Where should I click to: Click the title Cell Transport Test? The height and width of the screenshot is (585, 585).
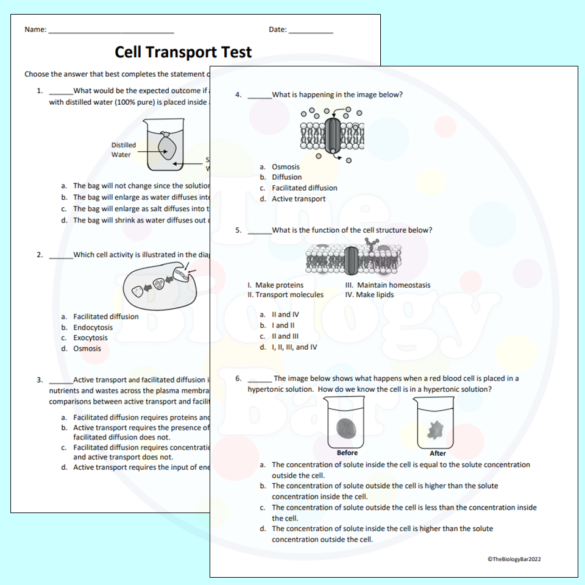click(183, 52)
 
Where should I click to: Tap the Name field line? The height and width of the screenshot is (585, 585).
click(111, 32)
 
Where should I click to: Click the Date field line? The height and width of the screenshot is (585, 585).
click(311, 32)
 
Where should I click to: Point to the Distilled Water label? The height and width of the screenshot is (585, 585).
click(123, 150)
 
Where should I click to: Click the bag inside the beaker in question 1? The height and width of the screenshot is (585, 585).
click(165, 147)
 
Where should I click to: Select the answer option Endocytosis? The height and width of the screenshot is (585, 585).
click(93, 327)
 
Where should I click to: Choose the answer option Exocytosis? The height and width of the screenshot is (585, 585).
click(90, 338)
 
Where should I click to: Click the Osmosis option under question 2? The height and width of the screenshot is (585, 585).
click(87, 349)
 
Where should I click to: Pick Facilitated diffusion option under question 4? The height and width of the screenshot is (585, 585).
click(304, 188)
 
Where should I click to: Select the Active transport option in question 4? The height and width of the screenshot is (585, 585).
click(299, 199)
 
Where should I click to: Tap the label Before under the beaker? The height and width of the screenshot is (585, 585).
click(347, 453)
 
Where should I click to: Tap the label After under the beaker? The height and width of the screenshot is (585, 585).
click(438, 453)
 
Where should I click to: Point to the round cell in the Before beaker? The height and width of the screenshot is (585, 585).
click(348, 427)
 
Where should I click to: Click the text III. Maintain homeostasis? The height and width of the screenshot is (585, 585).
click(388, 285)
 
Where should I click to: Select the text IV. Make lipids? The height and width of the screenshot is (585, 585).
click(369, 295)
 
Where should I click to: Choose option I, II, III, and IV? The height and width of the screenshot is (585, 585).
click(294, 347)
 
